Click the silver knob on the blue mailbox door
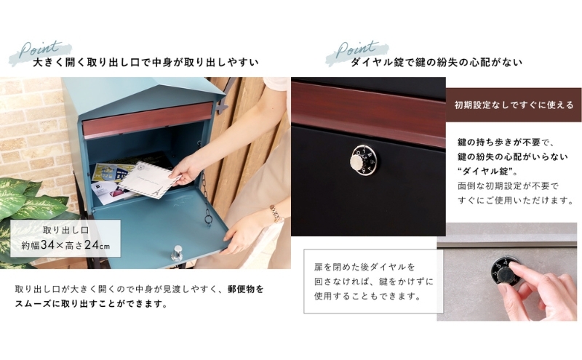177,253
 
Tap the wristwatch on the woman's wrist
276,214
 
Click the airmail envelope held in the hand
150,180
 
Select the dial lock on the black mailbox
364,161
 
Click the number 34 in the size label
47,245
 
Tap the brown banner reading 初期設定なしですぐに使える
514,105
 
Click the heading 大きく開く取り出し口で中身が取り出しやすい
145,62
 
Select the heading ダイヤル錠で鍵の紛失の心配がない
436,62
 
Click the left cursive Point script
39,49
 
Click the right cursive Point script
356,49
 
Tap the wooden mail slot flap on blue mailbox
148,119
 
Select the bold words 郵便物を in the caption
245,289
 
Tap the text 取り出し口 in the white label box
65,230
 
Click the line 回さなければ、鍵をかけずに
374,281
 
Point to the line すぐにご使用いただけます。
516,201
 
